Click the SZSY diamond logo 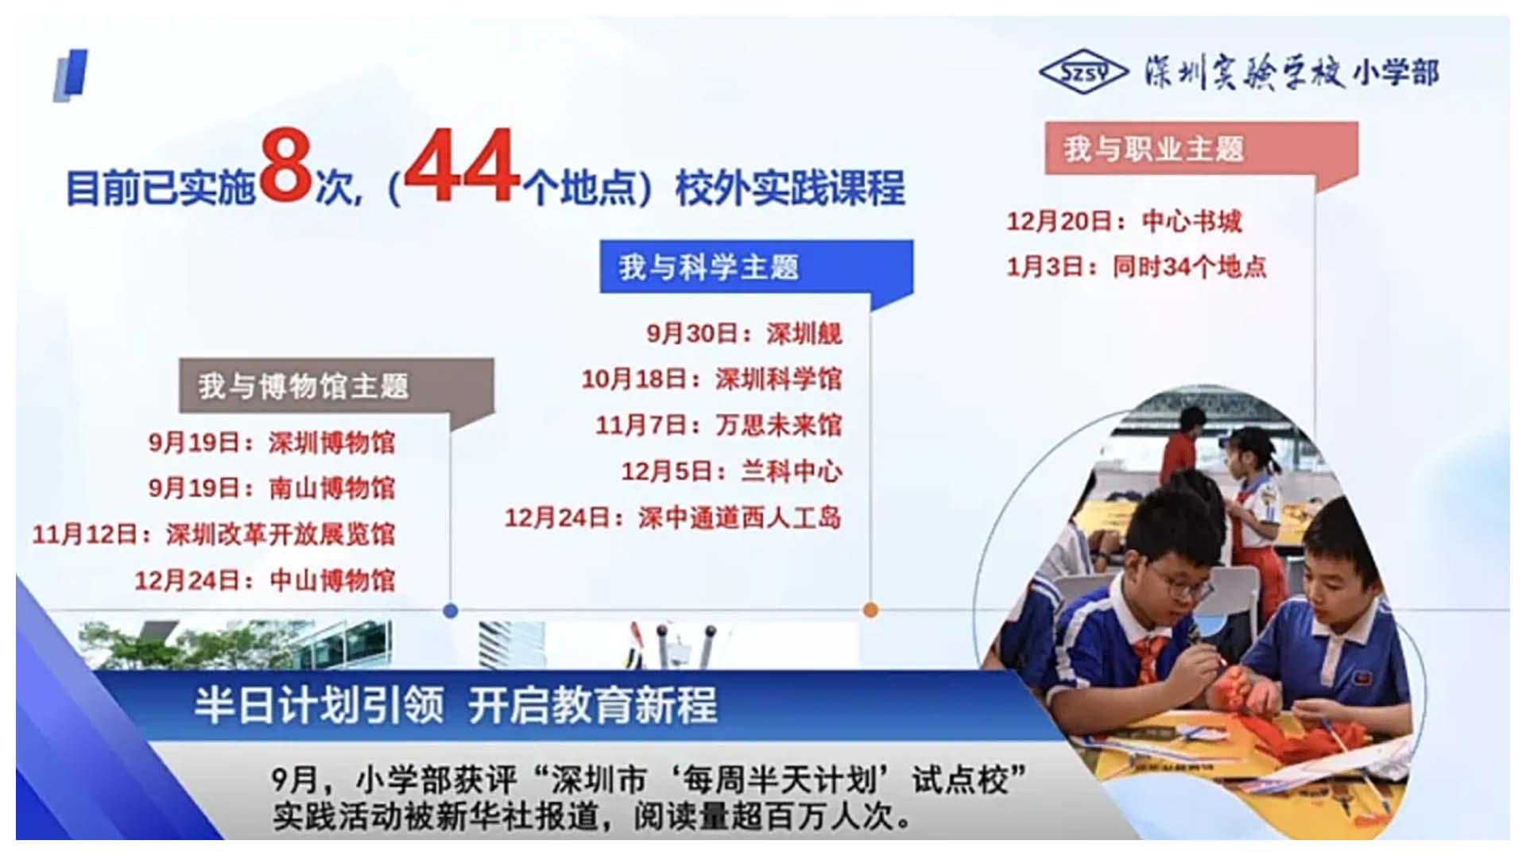pyautogui.click(x=1083, y=72)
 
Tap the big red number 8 pyautogui.click(x=286, y=165)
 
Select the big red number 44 pyautogui.click(x=463, y=165)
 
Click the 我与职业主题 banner pyautogui.click(x=1201, y=149)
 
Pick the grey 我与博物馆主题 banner pyautogui.click(x=336, y=386)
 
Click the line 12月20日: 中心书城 pyautogui.click(x=1124, y=221)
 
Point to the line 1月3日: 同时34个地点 pyautogui.click(x=1137, y=267)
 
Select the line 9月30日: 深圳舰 pyautogui.click(x=744, y=333)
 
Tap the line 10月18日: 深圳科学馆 pyautogui.click(x=711, y=379)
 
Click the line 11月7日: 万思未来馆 pyautogui.click(x=718, y=425)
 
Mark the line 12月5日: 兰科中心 pyautogui.click(x=731, y=471)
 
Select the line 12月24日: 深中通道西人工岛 pyautogui.click(x=673, y=518)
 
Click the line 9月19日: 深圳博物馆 pyautogui.click(x=271, y=443)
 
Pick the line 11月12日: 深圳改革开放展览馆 pyautogui.click(x=213, y=534)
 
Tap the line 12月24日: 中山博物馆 pyautogui.click(x=264, y=580)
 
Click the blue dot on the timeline pyautogui.click(x=451, y=610)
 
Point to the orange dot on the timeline pyautogui.click(x=870, y=610)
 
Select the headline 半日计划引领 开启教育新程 pyautogui.click(x=456, y=705)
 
